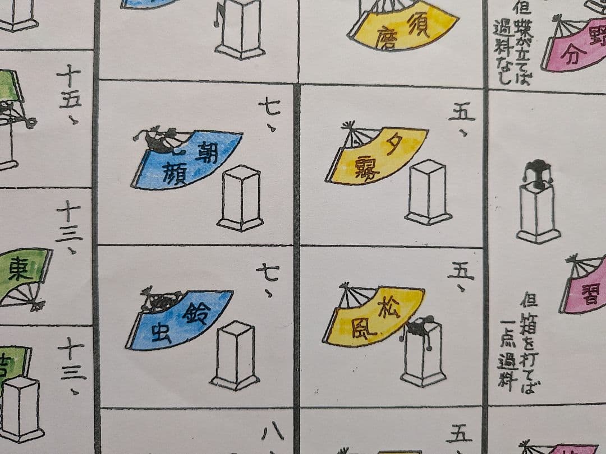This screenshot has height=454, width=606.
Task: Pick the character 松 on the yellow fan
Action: (389, 307)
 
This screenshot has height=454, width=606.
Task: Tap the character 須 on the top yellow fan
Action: (419, 25)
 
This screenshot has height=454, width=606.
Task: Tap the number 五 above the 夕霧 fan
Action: (461, 112)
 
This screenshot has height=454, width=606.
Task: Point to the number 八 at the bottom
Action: (273, 433)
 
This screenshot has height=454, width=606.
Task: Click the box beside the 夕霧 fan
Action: (429, 192)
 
